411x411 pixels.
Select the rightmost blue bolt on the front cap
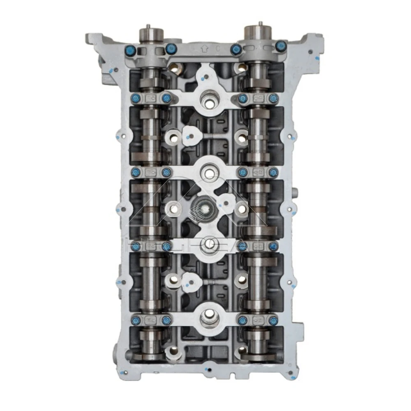pyautogui.click(x=280, y=46)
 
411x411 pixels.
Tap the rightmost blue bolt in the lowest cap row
pyautogui.click(x=274, y=320)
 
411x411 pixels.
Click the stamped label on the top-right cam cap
pyautogui.click(x=259, y=98)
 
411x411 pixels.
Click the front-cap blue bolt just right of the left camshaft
pyautogui.click(x=169, y=49)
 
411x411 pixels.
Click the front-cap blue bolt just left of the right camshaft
pyautogui.click(x=236, y=49)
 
